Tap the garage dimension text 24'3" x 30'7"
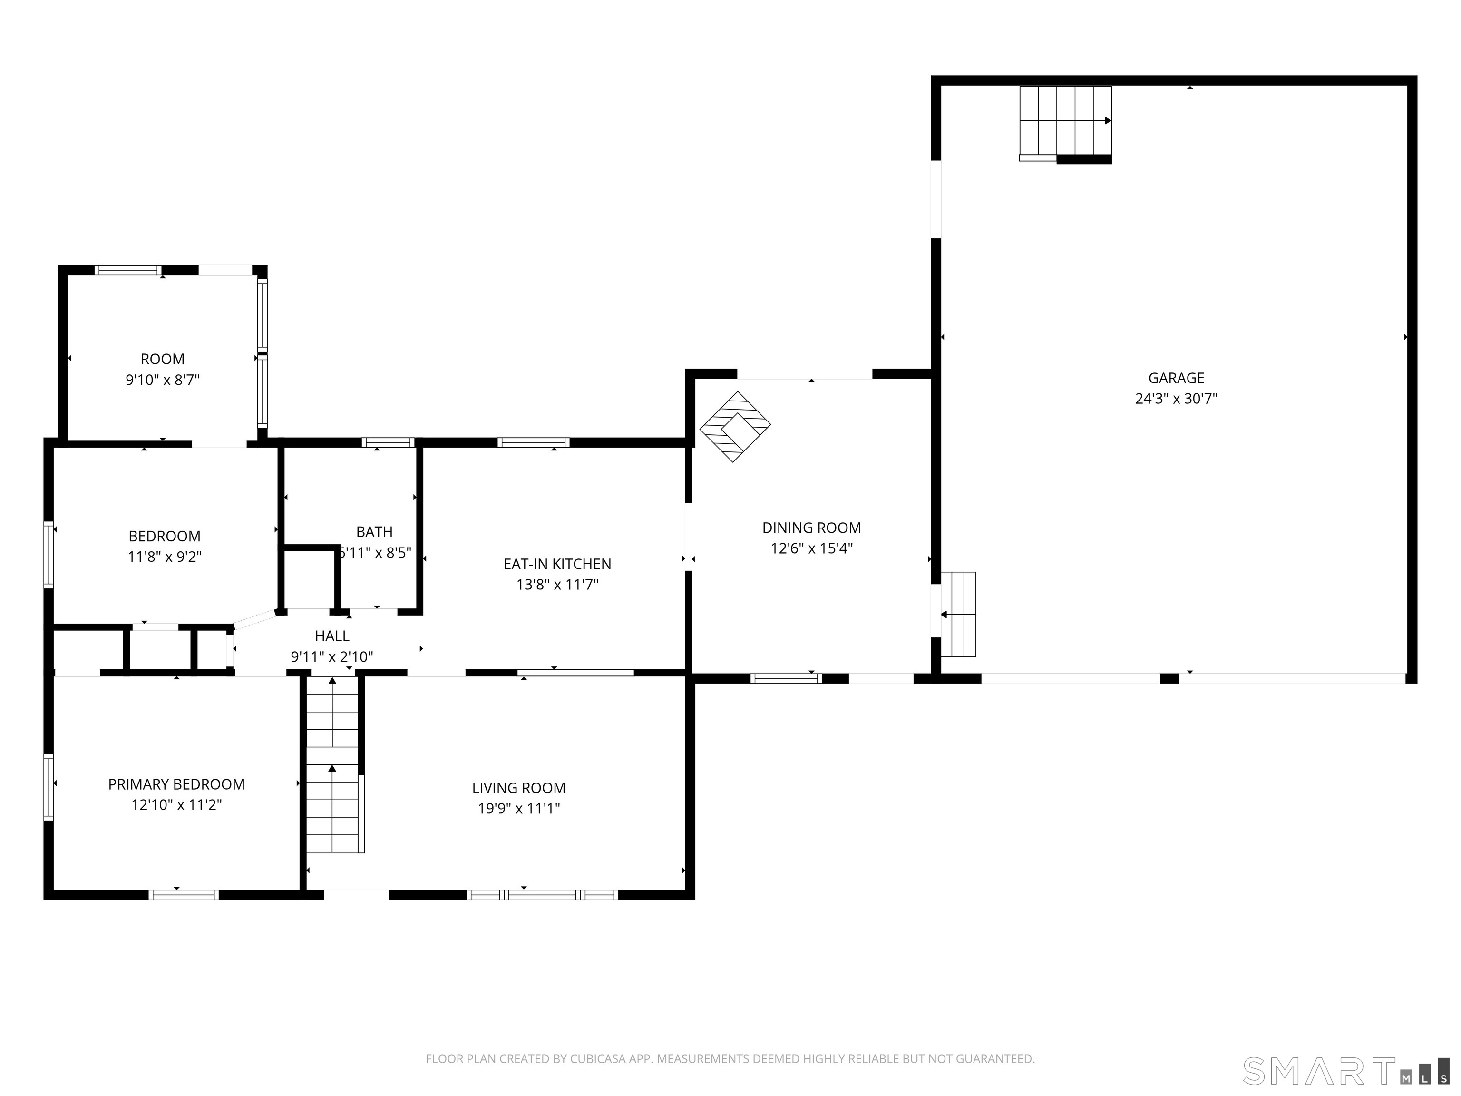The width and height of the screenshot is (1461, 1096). pyautogui.click(x=1176, y=398)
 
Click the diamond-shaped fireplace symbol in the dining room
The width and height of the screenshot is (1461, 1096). pyautogui.click(x=735, y=427)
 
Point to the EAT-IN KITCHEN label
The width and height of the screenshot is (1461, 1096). pyautogui.click(x=557, y=564)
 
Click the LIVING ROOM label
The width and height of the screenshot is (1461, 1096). pyautogui.click(x=518, y=788)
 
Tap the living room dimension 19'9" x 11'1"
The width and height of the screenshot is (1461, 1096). pyautogui.click(x=518, y=808)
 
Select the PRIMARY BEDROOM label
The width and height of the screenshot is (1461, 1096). pyautogui.click(x=176, y=784)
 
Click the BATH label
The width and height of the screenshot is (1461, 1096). pyautogui.click(x=374, y=532)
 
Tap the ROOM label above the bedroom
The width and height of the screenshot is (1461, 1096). pyautogui.click(x=163, y=360)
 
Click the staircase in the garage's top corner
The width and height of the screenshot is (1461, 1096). pyautogui.click(x=1065, y=124)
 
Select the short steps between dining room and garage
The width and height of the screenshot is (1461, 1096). pyautogui.click(x=958, y=615)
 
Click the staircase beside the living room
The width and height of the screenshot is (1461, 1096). pyautogui.click(x=333, y=764)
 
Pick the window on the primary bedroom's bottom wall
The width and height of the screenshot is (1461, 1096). pyautogui.click(x=184, y=895)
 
